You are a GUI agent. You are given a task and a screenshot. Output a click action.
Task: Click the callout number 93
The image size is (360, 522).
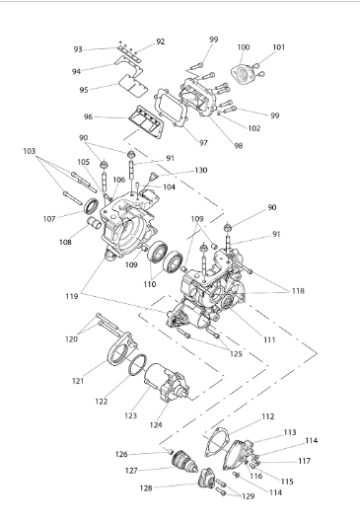(78, 49)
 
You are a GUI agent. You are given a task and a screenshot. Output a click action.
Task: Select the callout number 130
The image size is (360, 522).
(201, 170)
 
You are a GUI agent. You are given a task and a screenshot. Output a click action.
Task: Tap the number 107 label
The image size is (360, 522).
(49, 219)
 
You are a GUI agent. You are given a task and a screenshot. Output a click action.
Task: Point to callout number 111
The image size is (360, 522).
(269, 339)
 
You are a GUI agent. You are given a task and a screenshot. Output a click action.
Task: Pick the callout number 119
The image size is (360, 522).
(72, 296)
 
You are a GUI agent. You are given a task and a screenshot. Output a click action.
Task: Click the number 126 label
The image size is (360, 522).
(121, 454)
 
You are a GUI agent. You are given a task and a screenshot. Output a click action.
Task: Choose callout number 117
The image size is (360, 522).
(305, 461)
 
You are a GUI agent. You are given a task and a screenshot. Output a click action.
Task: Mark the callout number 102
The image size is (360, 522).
(254, 128)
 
